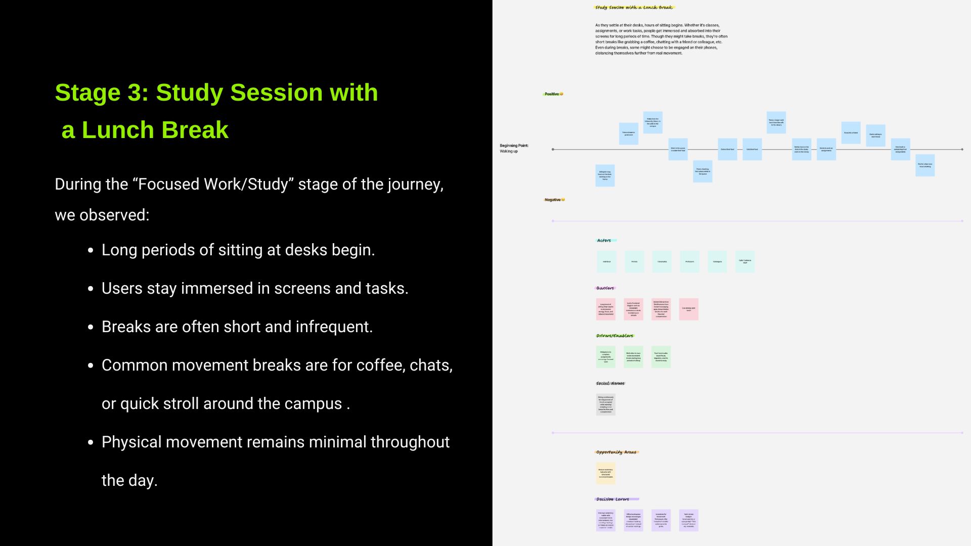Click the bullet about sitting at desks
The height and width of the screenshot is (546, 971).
tap(238, 250)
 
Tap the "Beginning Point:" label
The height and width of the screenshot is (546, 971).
tap(514, 146)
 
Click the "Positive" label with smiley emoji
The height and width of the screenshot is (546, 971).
tap(553, 94)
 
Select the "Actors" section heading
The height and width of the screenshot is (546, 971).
tap(604, 241)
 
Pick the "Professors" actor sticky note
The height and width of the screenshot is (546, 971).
tap(689, 262)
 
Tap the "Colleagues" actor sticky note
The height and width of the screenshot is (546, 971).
tap(717, 262)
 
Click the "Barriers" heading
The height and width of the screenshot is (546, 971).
tap(605, 288)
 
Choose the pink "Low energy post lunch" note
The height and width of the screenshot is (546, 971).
tap(688, 309)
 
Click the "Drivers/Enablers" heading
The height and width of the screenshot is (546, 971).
tap(614, 336)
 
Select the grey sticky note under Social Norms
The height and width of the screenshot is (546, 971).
tap(605, 404)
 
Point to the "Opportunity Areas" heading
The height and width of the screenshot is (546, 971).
tap(616, 452)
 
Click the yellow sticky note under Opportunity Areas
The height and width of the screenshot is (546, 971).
tap(605, 473)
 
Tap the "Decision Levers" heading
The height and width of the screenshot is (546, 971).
tap(612, 499)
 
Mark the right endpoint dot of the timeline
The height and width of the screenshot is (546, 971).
tap(962, 150)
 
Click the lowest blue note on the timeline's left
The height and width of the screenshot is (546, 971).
tap(605, 175)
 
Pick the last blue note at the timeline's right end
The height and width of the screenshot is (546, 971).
tap(924, 165)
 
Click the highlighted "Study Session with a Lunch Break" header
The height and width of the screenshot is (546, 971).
tap(634, 8)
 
